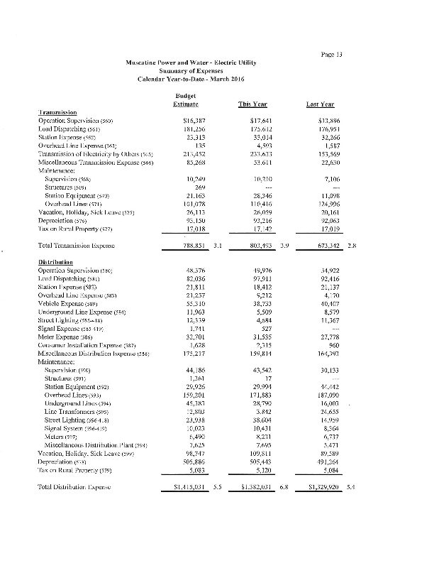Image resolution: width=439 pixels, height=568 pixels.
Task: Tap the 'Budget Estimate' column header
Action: coord(184,100)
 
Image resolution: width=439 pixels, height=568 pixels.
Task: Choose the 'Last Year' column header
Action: coord(320,104)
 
